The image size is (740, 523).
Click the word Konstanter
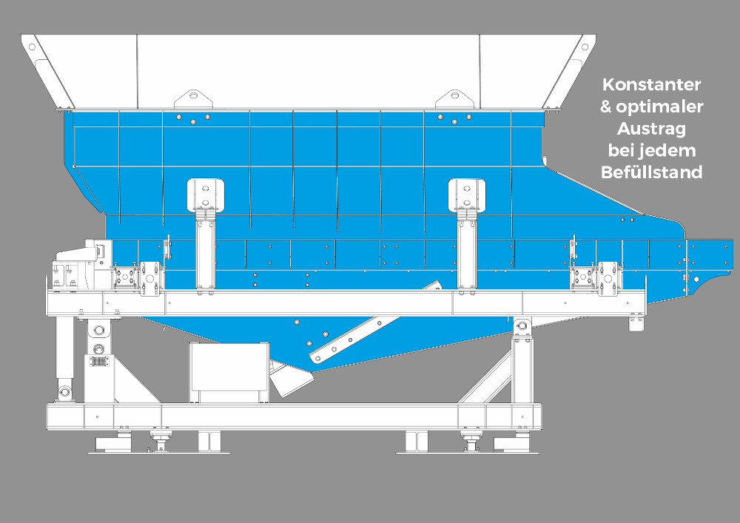click(651, 84)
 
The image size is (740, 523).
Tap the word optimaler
click(660, 107)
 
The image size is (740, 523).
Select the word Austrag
click(651, 128)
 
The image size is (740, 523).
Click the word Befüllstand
click(651, 172)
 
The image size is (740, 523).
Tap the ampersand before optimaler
click(606, 107)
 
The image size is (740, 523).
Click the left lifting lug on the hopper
click(193, 98)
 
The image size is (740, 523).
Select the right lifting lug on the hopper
click(454, 98)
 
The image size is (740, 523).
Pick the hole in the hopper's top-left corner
click(32, 47)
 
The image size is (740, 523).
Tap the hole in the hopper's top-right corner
click(585, 47)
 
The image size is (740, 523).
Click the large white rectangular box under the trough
click(229, 373)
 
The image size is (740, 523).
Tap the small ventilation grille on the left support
click(98, 362)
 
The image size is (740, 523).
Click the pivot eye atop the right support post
click(522, 326)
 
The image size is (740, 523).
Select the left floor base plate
click(158, 453)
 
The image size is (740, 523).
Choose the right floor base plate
click(467, 453)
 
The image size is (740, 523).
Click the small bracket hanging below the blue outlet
click(636, 323)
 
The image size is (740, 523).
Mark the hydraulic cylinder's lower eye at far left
click(64, 392)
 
